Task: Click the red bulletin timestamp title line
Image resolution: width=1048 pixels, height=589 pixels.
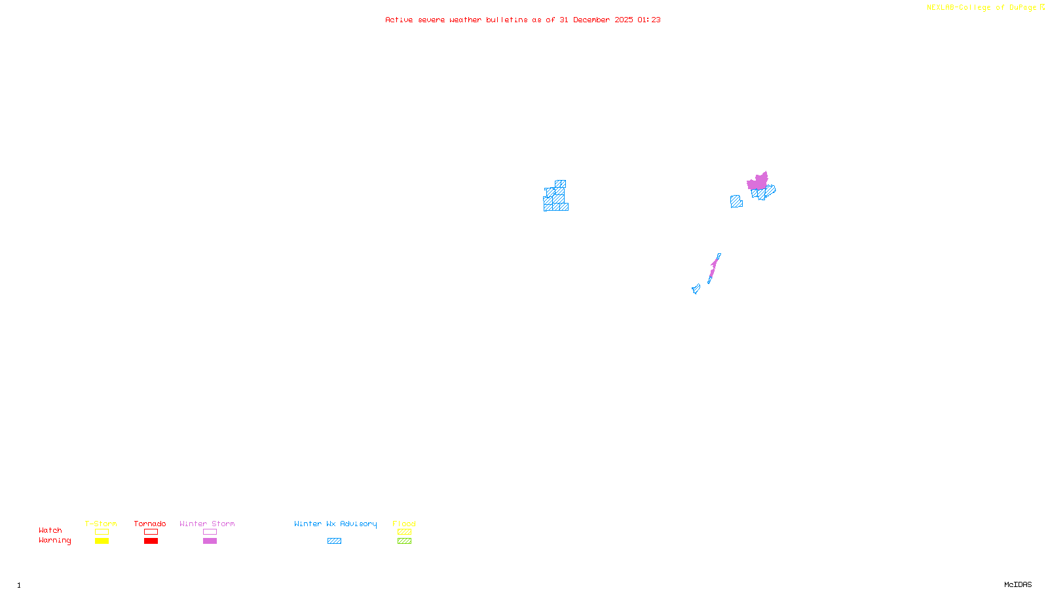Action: point(523,20)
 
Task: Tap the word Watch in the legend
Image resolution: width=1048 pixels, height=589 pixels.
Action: point(50,530)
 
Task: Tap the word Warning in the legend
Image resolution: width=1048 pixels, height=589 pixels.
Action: point(54,541)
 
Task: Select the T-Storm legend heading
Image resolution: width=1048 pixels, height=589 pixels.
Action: point(101,524)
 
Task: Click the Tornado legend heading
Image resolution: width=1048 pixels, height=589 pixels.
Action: point(150,524)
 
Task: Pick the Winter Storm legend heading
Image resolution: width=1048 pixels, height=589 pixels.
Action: point(207,524)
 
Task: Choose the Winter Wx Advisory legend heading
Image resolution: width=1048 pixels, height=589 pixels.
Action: point(335,524)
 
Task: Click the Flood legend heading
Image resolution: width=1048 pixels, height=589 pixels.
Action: point(404,524)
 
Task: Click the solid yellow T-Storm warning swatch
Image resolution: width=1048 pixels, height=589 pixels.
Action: point(102,541)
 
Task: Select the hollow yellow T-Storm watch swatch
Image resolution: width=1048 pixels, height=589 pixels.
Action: point(102,532)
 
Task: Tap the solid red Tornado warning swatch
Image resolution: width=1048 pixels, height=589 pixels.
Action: point(151,541)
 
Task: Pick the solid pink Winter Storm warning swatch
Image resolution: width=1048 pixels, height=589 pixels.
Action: point(210,541)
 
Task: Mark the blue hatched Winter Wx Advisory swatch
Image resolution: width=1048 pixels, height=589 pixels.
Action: point(334,541)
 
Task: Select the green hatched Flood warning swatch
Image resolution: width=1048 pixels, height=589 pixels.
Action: point(404,541)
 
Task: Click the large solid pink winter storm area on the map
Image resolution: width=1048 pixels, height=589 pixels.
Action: point(758,182)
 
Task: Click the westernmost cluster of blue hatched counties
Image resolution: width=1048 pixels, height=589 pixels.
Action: point(555,198)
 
